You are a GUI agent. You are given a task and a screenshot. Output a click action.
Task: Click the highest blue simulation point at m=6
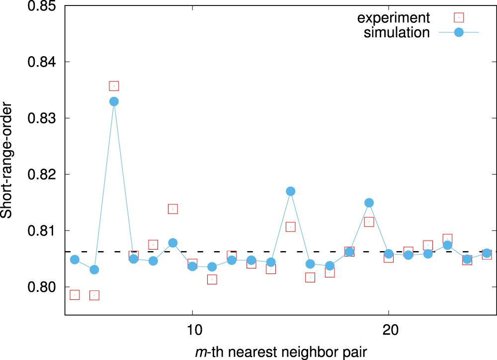pyautogui.click(x=114, y=101)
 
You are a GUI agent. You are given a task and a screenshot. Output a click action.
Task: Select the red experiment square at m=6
pyautogui.click(x=114, y=86)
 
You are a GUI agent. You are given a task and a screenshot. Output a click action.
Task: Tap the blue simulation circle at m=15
pyautogui.click(x=291, y=191)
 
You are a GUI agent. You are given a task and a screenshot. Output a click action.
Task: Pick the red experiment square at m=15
pyautogui.click(x=291, y=227)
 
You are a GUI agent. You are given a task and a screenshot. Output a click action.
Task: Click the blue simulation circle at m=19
pyautogui.click(x=369, y=202)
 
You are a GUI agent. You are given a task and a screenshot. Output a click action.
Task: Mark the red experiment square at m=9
pyautogui.click(x=173, y=209)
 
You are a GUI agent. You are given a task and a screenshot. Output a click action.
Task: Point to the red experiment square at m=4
pyautogui.click(x=75, y=295)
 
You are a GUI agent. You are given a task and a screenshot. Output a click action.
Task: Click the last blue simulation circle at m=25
pyautogui.click(x=487, y=253)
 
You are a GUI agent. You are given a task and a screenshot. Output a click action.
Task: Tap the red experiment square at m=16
pyautogui.click(x=310, y=277)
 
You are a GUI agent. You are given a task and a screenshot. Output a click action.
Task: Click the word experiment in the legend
pyautogui.click(x=393, y=18)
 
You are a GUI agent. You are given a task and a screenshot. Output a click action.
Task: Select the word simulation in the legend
pyautogui.click(x=397, y=32)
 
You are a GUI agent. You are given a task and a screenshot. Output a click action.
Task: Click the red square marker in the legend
pyautogui.click(x=459, y=18)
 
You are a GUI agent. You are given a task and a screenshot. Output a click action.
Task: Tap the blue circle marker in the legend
pyautogui.click(x=459, y=32)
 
